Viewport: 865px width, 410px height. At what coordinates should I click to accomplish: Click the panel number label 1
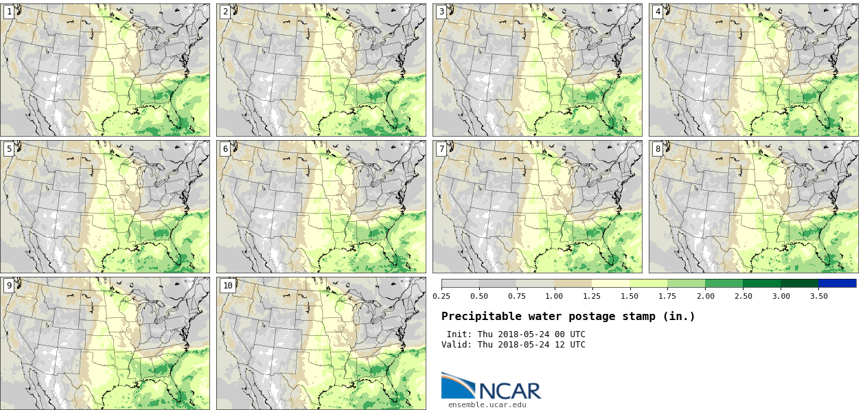[9, 12]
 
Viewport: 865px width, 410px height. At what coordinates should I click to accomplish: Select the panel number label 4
[658, 12]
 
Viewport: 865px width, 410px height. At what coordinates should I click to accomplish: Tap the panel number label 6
[225, 149]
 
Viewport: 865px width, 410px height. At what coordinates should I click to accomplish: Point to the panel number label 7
[441, 149]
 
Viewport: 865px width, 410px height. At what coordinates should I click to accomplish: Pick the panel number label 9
[9, 286]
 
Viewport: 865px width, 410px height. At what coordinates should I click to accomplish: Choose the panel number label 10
[227, 286]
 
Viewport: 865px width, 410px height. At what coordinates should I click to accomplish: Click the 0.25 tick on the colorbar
[441, 296]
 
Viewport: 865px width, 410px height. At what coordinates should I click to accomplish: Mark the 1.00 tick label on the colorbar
[554, 296]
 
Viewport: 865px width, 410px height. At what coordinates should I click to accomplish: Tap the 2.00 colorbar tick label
[705, 296]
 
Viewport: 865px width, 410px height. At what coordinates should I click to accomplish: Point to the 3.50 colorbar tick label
[818, 296]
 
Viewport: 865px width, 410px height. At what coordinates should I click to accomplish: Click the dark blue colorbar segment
[837, 283]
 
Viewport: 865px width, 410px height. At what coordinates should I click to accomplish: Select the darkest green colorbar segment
[799, 283]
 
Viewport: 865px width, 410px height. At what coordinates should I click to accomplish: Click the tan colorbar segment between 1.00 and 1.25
[573, 283]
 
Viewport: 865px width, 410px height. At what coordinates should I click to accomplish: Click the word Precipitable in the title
[475, 317]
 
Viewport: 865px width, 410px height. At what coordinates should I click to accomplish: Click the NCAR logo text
[509, 390]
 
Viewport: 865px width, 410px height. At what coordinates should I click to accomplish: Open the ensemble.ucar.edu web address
[487, 405]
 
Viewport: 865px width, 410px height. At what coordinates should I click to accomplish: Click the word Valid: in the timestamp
[457, 345]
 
